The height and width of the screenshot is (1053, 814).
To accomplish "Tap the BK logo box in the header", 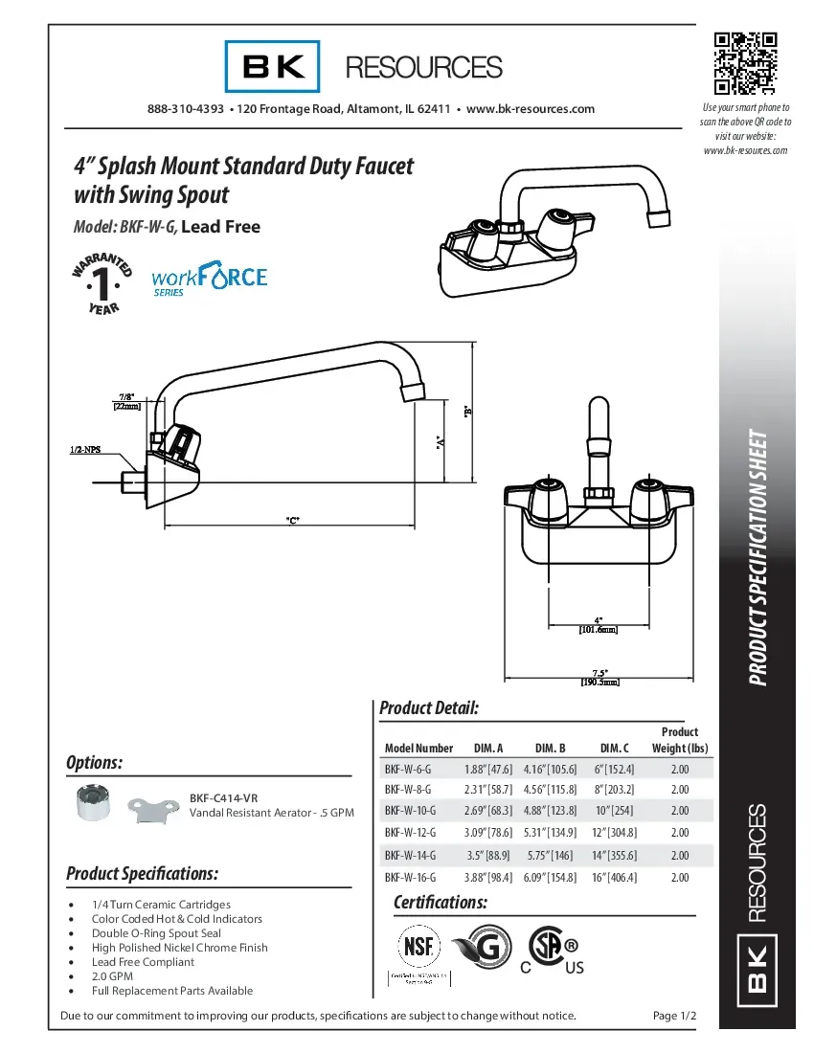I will point(273,66).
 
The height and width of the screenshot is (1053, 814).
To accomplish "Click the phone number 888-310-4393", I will point(186,109).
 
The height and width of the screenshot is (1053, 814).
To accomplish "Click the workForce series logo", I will point(210,280).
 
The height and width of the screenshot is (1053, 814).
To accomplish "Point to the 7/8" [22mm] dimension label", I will point(127,401).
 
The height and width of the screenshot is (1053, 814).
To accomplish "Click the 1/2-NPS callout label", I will point(86,449).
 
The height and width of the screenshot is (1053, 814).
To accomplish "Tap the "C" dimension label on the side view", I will point(293,520).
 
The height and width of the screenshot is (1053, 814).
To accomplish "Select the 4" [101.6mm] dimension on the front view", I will point(598,625).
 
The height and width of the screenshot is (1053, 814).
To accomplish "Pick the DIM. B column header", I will point(551,748).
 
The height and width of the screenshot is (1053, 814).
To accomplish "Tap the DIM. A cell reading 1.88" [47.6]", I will point(488,769).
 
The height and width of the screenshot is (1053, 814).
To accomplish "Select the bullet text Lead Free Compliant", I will point(143,962).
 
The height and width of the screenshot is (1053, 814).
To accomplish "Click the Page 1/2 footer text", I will point(674,1015).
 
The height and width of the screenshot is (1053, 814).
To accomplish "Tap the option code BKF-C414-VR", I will point(223,797).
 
